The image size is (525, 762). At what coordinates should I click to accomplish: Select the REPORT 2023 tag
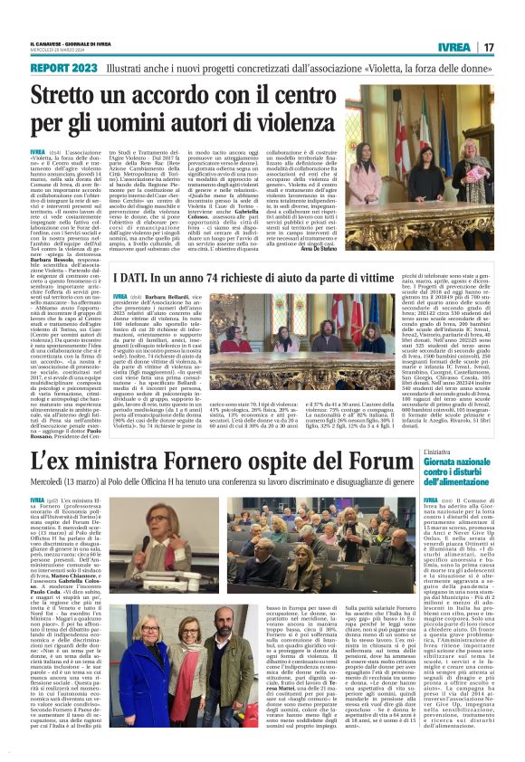tap(62, 69)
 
